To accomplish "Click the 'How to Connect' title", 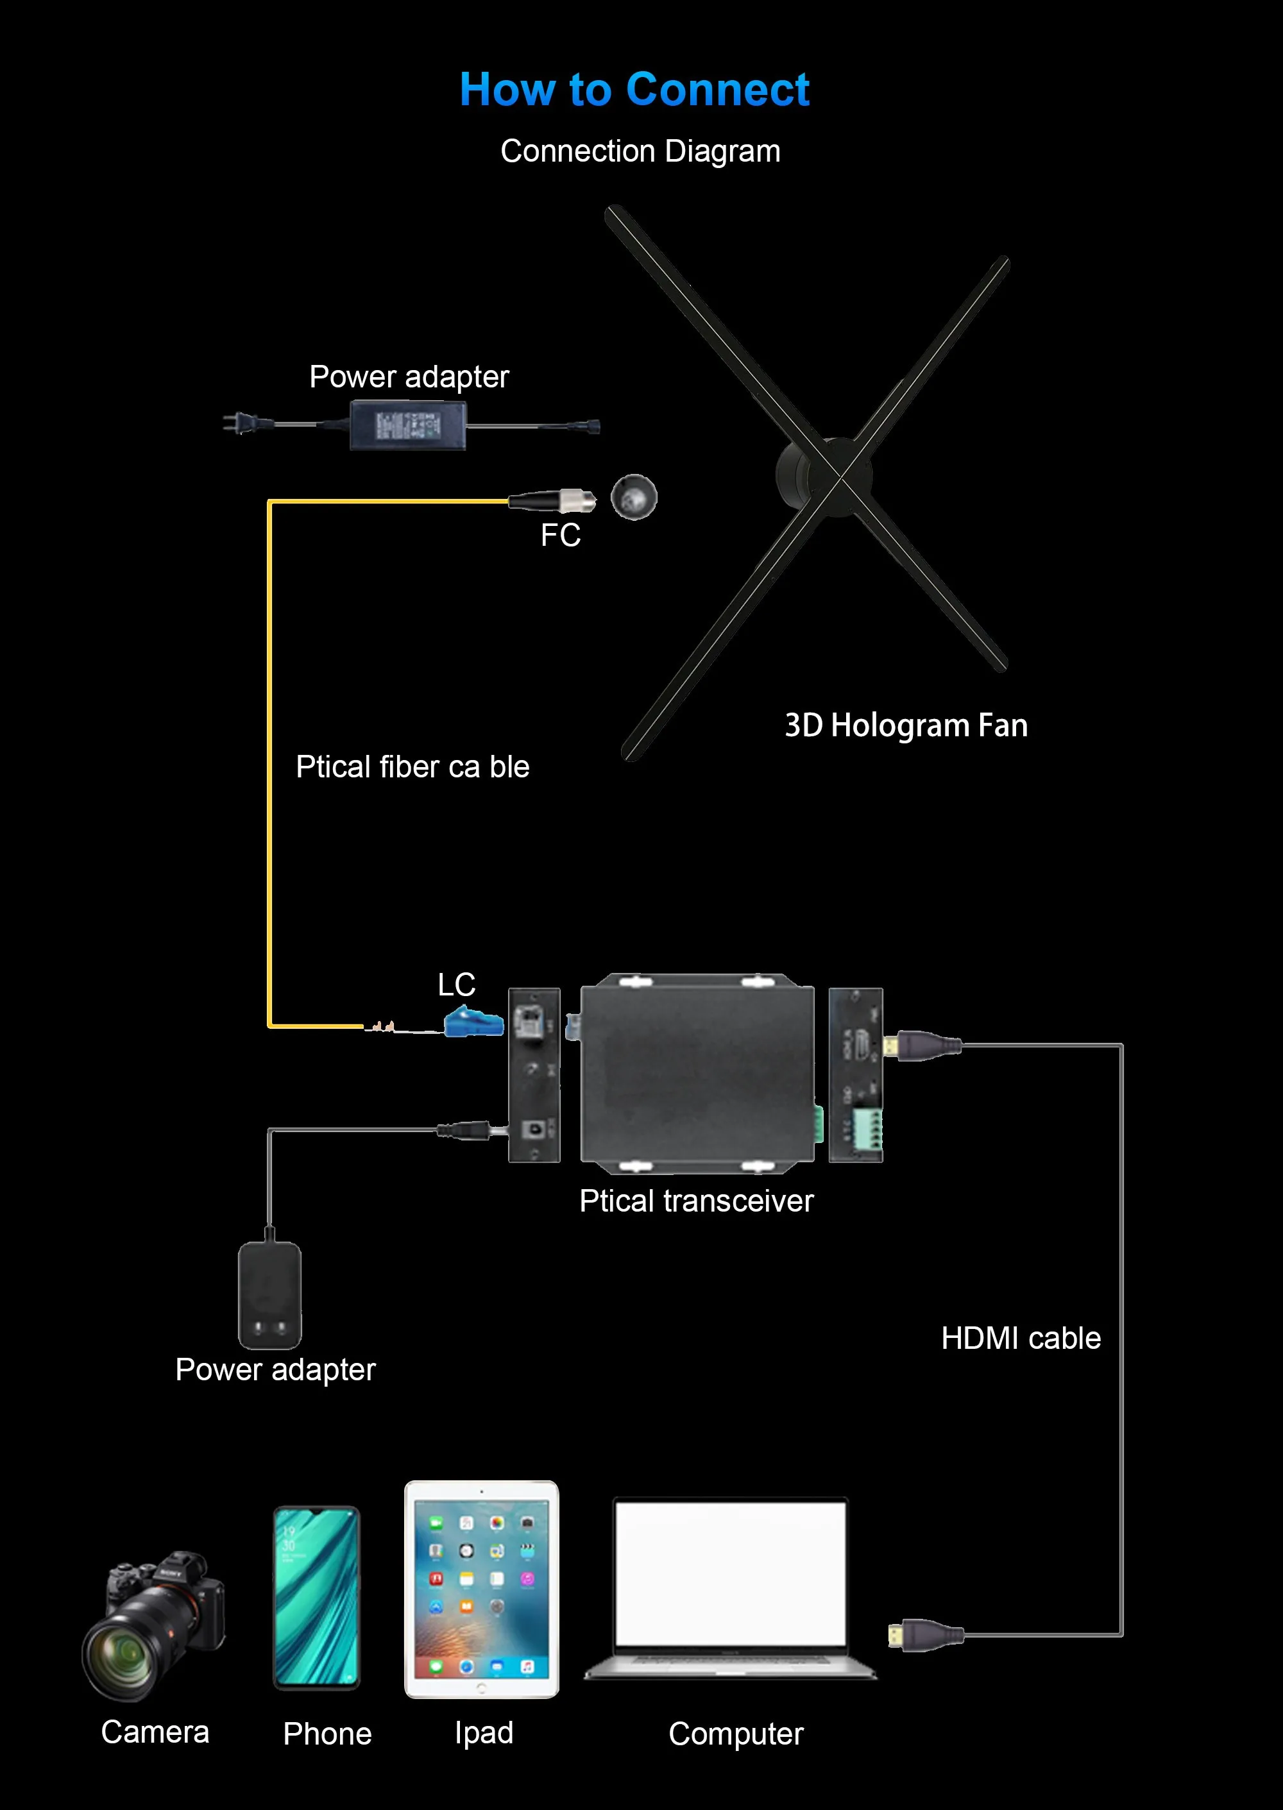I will click(634, 89).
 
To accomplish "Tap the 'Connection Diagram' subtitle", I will click(640, 151).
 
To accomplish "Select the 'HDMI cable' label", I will click(1021, 1339).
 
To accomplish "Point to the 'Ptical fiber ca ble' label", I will click(412, 767).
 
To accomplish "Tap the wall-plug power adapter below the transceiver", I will click(269, 1295).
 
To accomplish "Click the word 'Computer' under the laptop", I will click(736, 1734).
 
